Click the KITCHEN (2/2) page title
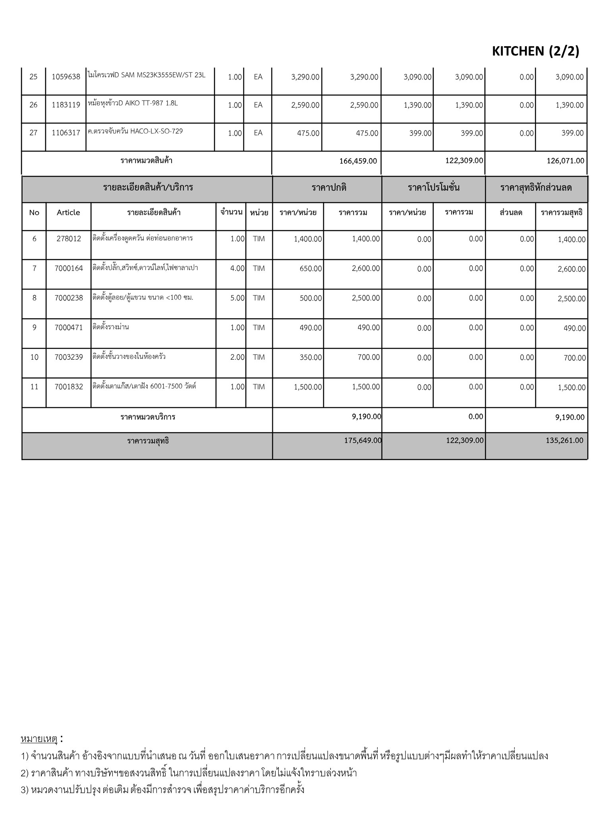tap(535, 51)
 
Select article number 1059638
tap(66, 77)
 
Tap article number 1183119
tap(66, 105)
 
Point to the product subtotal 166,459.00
tap(358, 161)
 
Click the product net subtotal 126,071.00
tap(564, 161)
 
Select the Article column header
tap(68, 212)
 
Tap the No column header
tap(34, 212)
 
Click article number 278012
tap(68, 239)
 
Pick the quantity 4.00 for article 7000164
tap(237, 268)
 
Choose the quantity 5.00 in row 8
tap(237, 298)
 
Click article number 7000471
tap(68, 328)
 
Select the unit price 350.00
tap(311, 357)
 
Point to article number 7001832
tap(68, 387)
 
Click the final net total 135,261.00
tap(564, 440)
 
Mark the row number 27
tap(33, 133)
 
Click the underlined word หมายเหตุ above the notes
tap(39, 739)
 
